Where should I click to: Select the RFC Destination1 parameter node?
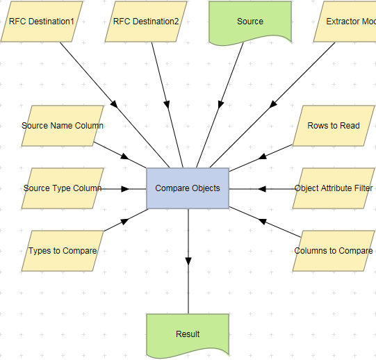[42, 22]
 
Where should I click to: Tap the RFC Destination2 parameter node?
[146, 22]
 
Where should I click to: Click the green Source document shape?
[250, 22]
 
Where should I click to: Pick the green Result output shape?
[188, 334]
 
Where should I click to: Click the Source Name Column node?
[63, 126]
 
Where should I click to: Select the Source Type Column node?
[63, 188]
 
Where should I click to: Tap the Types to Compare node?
[63, 251]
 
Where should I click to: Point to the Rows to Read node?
[334, 126]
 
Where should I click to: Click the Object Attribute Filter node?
[334, 188]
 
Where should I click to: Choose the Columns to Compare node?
[334, 251]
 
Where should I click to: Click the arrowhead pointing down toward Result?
[188, 261]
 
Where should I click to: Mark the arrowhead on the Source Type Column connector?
[125, 188]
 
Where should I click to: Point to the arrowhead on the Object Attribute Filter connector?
[262, 188]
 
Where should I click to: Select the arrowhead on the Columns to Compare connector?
[262, 221]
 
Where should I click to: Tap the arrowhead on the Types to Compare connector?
[126, 221]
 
